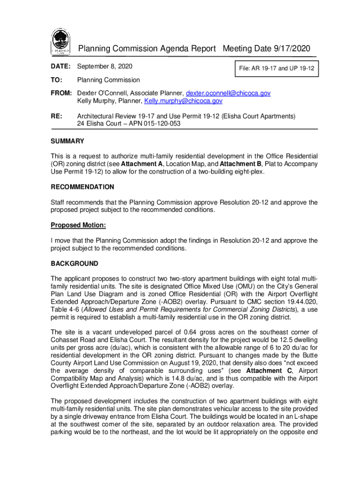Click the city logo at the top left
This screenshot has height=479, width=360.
point(60,42)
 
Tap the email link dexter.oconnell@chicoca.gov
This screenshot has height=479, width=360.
point(228,93)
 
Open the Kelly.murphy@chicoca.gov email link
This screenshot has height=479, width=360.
point(183,101)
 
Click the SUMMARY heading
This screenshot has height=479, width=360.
point(67,141)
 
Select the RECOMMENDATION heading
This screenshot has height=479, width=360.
point(82,187)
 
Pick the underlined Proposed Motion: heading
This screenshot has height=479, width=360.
point(78,225)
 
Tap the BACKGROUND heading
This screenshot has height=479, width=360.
point(74,263)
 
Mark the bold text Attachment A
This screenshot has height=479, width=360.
point(142,164)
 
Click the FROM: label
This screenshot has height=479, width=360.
point(61,93)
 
